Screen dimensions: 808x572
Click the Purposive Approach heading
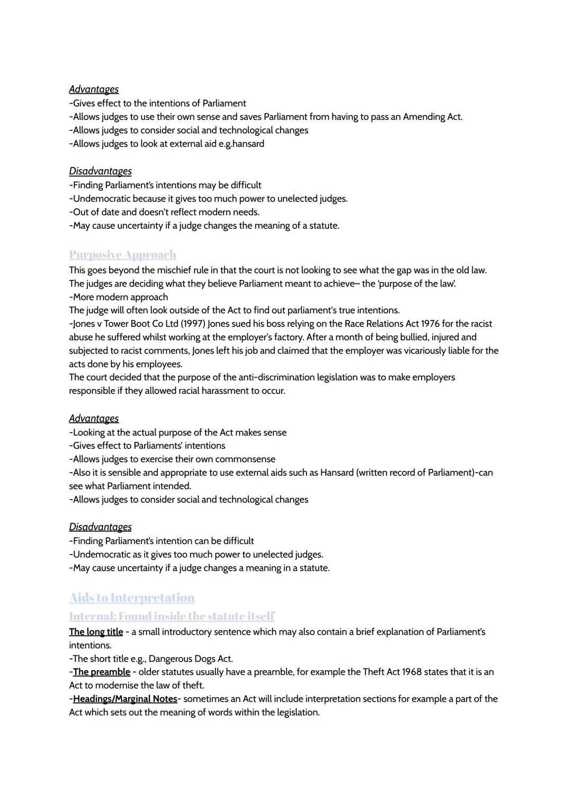click(122, 255)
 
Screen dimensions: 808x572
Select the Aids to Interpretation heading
click(131, 598)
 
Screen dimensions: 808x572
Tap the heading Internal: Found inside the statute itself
click(172, 616)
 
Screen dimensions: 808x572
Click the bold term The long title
click(96, 632)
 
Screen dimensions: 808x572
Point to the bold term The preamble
click(102, 672)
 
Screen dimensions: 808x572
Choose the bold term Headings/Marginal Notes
click(125, 699)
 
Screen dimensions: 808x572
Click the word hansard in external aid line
click(248, 144)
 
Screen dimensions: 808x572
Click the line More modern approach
click(119, 297)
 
